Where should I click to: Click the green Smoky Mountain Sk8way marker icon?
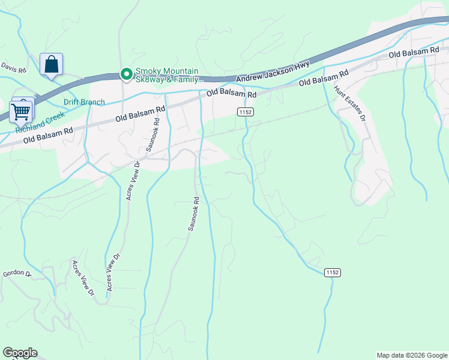126,74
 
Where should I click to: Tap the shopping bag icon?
51,64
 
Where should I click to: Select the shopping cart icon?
20,111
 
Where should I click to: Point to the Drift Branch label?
84,102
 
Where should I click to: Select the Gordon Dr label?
16,274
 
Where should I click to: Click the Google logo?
20,353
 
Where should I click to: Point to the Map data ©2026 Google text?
412,355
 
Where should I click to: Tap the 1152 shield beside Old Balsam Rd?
246,112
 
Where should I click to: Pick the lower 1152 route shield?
333,272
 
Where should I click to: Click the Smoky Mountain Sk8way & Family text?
170,74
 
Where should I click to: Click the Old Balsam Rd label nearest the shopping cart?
48,134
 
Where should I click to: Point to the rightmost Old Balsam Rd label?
414,54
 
